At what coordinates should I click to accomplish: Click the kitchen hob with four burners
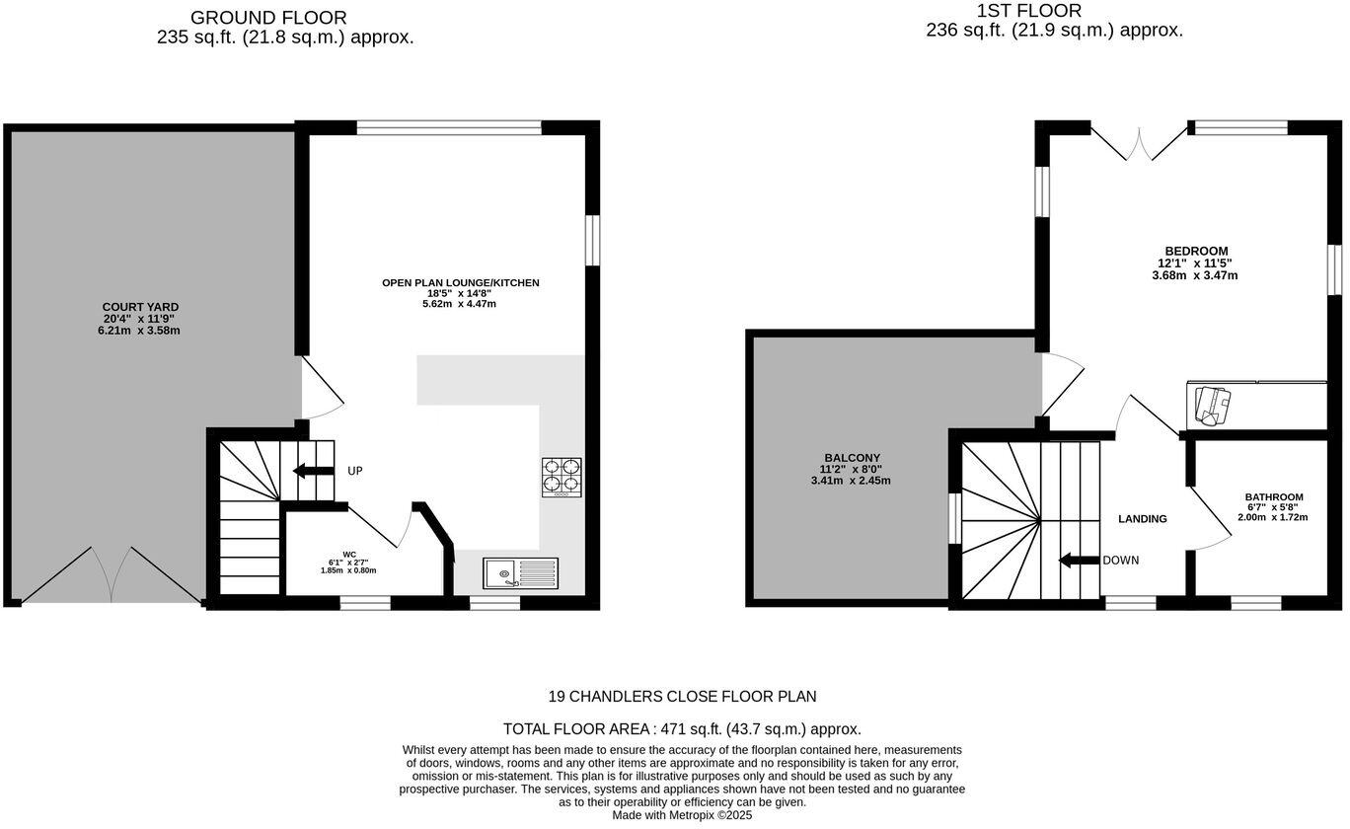click(561, 476)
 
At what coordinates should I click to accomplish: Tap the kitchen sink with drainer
click(520, 571)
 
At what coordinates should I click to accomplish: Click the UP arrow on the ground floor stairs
click(314, 471)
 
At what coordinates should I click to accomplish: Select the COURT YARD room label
click(140, 307)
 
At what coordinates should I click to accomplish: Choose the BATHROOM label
click(1273, 497)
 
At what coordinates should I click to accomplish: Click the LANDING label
click(1142, 519)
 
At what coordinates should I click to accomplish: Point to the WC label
click(349, 555)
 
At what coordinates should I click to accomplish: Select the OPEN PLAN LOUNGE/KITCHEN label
click(461, 283)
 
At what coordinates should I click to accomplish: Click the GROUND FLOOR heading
click(268, 18)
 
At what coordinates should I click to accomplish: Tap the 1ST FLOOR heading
click(1029, 11)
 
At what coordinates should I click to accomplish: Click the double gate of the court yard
click(112, 575)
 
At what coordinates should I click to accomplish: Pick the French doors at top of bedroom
click(1140, 144)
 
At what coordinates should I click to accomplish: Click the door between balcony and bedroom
click(1060, 382)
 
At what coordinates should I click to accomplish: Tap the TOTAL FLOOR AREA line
click(682, 729)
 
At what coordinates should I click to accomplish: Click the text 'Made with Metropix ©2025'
click(682, 815)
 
